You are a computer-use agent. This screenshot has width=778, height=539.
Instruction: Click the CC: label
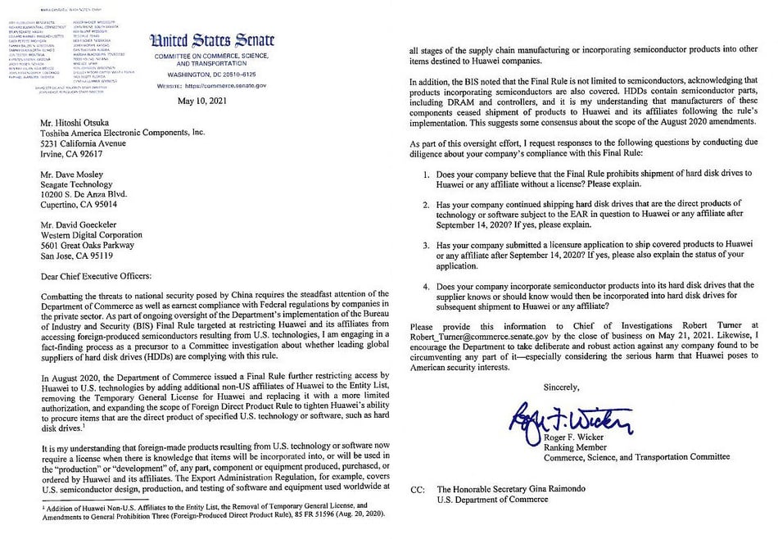coord(419,489)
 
